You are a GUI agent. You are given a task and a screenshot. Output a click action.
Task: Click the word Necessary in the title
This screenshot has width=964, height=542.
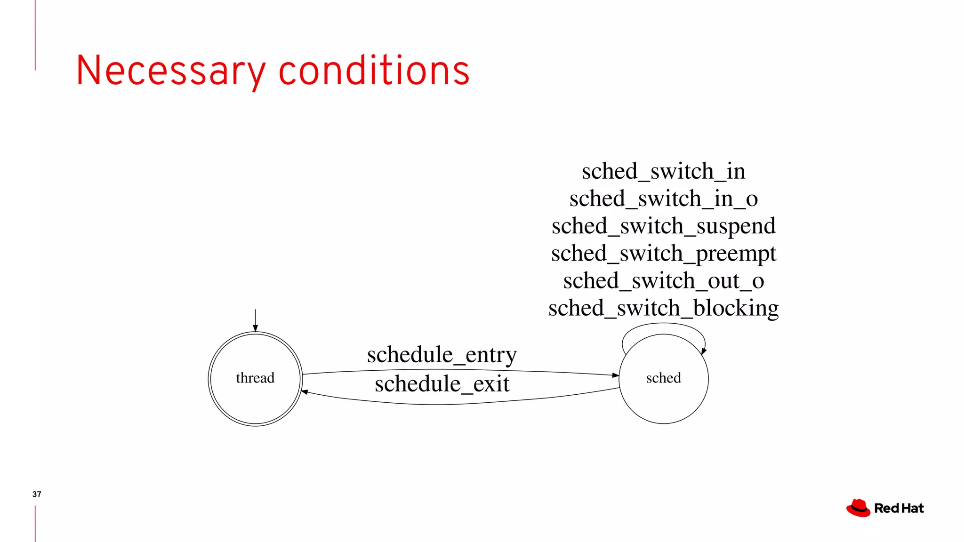point(170,71)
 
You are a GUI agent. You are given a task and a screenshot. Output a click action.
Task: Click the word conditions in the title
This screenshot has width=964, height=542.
point(374,71)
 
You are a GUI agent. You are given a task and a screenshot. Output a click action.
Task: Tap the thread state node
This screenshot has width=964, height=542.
point(255,378)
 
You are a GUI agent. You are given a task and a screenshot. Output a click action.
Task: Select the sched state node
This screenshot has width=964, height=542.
point(663,378)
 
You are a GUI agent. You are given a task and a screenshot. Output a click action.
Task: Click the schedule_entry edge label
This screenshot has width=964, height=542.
point(442,355)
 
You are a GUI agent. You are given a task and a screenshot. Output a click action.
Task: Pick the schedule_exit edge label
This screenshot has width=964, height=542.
point(442,384)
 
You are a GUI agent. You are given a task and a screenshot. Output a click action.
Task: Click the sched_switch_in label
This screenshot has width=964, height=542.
point(663,171)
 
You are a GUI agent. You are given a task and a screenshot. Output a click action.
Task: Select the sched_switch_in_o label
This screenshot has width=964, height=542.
point(663,199)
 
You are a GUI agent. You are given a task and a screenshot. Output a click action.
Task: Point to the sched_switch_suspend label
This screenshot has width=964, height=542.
point(663,226)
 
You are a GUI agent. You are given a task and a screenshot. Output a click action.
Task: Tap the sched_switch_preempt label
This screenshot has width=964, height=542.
point(663,254)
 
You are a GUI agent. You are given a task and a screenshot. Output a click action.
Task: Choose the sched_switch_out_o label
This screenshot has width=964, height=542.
point(663,281)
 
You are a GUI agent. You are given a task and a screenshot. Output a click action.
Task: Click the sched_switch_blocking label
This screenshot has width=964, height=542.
point(663,308)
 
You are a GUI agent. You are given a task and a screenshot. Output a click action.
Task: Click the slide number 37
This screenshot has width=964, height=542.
point(37,494)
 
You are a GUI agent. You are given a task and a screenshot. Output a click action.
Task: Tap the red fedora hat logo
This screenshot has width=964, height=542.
point(859,508)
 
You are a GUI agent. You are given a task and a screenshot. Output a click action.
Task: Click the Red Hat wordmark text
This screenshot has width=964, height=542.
point(899,509)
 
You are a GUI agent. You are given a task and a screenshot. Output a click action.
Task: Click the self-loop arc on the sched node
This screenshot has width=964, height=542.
point(663,324)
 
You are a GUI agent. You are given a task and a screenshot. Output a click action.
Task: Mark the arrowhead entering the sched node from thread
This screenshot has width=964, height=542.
point(616,375)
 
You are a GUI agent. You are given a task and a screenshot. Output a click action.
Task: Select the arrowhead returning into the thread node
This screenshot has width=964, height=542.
point(305,391)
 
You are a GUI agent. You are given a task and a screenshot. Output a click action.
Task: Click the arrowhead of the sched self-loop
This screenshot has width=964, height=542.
point(703,351)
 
